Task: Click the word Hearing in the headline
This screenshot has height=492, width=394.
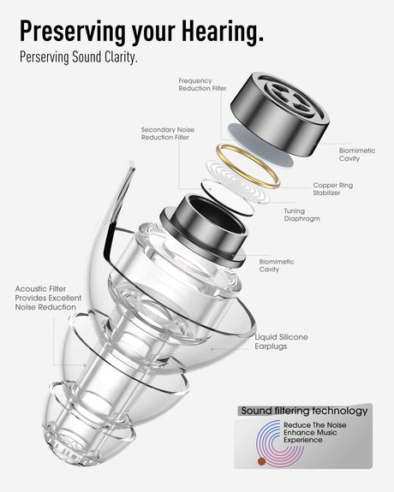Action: click(x=223, y=32)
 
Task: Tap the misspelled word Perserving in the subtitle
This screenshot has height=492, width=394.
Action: click(x=45, y=57)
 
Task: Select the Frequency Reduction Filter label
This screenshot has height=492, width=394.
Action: click(x=202, y=85)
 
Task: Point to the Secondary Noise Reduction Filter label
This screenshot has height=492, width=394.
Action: click(x=168, y=133)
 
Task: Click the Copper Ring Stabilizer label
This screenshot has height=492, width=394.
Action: click(x=332, y=189)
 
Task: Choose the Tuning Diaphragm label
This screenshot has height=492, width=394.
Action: click(x=302, y=215)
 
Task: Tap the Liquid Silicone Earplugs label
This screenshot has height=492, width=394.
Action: click(x=281, y=341)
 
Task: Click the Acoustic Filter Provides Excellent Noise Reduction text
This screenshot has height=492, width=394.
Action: click(x=48, y=298)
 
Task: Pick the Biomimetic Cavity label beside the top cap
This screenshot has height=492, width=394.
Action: click(x=357, y=154)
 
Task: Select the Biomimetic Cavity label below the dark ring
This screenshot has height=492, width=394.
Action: click(x=277, y=265)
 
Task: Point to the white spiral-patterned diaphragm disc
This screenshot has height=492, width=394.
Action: click(x=238, y=182)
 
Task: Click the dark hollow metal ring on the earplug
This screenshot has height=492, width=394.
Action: click(x=204, y=231)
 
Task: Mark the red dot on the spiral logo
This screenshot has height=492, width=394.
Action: click(x=261, y=461)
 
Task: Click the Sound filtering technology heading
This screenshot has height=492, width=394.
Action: click(x=304, y=411)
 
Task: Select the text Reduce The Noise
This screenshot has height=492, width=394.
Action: click(x=315, y=425)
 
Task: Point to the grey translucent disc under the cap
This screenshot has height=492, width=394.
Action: click(x=260, y=145)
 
